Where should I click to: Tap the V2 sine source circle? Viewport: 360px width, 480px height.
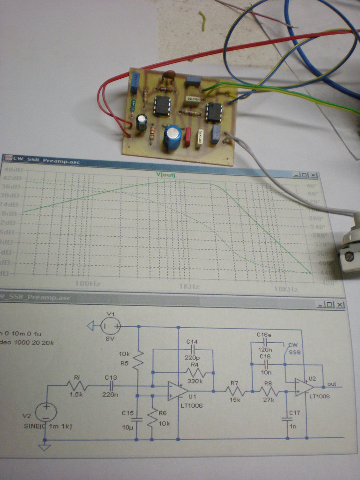click(45, 412)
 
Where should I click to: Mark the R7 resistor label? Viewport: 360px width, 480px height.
click(235, 383)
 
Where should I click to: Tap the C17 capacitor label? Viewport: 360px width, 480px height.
click(294, 413)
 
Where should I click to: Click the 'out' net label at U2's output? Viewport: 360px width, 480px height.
click(332, 384)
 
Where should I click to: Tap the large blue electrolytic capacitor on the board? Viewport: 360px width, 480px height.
click(172, 136)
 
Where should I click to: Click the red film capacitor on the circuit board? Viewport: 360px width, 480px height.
click(188, 137)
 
